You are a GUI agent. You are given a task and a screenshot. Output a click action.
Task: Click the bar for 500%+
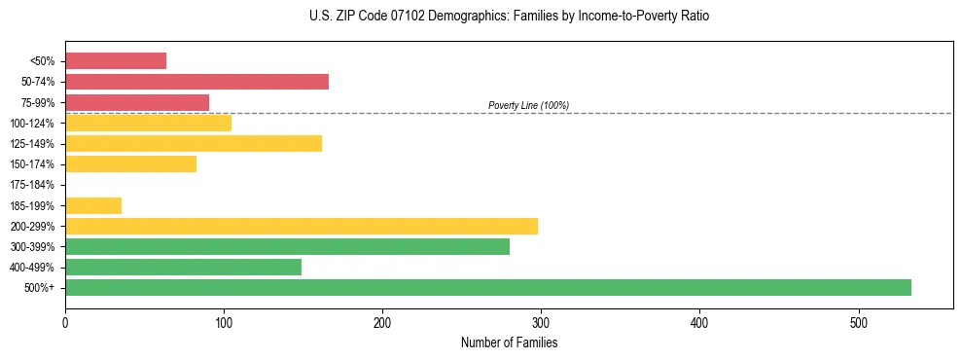tap(487, 287)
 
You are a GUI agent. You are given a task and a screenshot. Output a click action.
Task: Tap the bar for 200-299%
tap(301, 226)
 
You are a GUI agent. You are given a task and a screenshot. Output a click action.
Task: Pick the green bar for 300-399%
tap(287, 246)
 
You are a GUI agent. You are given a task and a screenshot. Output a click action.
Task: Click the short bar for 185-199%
tap(93, 205)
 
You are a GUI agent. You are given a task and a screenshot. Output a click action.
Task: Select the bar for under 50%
tap(116, 61)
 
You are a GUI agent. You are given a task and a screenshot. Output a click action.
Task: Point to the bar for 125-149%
tap(194, 144)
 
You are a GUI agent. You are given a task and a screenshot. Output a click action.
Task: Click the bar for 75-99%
tap(137, 102)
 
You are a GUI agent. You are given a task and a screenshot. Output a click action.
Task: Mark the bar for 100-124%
tap(148, 123)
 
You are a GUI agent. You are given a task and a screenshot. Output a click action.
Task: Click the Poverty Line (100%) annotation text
tap(528, 105)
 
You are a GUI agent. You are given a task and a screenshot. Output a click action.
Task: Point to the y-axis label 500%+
tap(41, 288)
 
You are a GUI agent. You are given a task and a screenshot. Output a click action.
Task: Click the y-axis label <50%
tap(43, 61)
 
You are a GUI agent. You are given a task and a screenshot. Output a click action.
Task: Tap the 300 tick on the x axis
tap(541, 323)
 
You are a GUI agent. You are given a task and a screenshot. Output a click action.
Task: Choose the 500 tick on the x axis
tap(858, 323)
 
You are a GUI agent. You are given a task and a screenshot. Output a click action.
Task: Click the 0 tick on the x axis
tap(65, 323)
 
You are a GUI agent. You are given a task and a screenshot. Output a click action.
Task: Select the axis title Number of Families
tap(509, 342)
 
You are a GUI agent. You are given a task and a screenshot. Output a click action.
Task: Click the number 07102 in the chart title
tap(406, 17)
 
